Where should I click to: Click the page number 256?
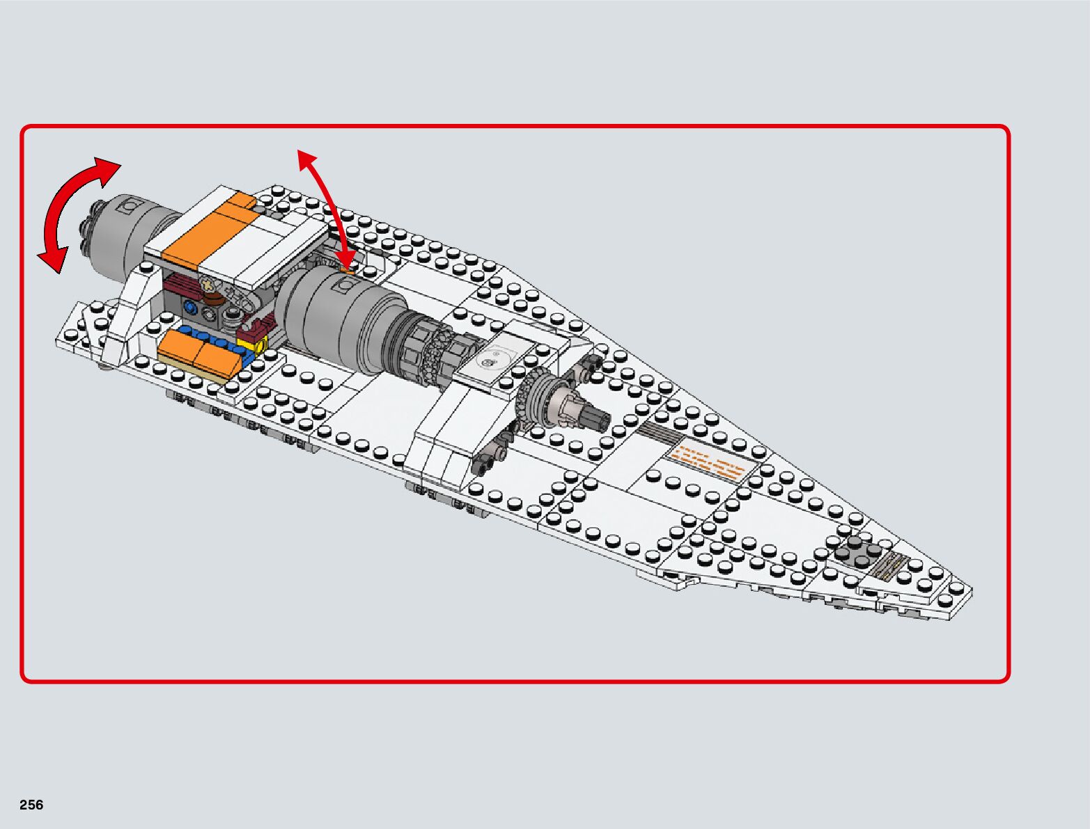[x=31, y=805]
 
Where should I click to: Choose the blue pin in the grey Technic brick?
[x=189, y=307]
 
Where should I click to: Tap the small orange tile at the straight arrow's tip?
[x=346, y=264]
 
